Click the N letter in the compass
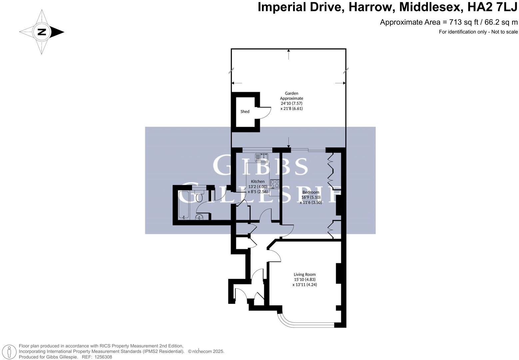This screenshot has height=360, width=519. click(x=42, y=32)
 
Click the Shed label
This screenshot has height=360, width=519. click(x=245, y=111)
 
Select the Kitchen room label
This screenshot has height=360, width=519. click(x=258, y=181)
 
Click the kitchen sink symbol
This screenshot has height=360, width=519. click(x=262, y=157)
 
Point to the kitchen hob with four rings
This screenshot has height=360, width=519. click(x=274, y=184)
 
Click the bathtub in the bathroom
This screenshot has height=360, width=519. click(x=184, y=205)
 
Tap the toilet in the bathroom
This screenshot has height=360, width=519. click(x=199, y=196)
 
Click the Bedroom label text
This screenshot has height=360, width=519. click(x=310, y=192)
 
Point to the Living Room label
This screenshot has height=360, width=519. click(x=304, y=274)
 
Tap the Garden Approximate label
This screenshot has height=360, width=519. click(x=291, y=96)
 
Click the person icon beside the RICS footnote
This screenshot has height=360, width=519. click(x=10, y=352)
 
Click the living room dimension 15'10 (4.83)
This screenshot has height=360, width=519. click(x=304, y=279)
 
